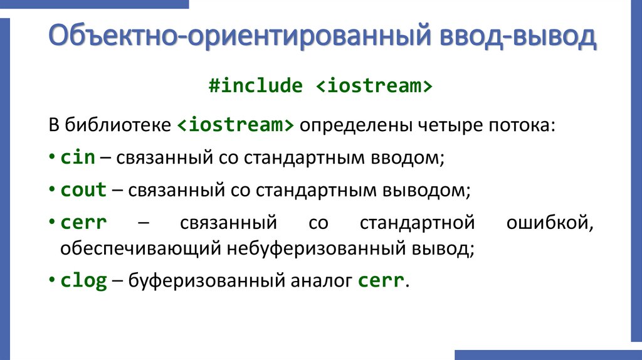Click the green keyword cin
pyautogui.click(x=78, y=157)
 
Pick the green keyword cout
pyautogui.click(x=83, y=190)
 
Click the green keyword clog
pyautogui.click(x=83, y=280)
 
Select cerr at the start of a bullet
pyautogui.click(x=83, y=223)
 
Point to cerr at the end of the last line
pyautogui.click(x=381, y=280)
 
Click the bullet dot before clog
pyautogui.click(x=51, y=281)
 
